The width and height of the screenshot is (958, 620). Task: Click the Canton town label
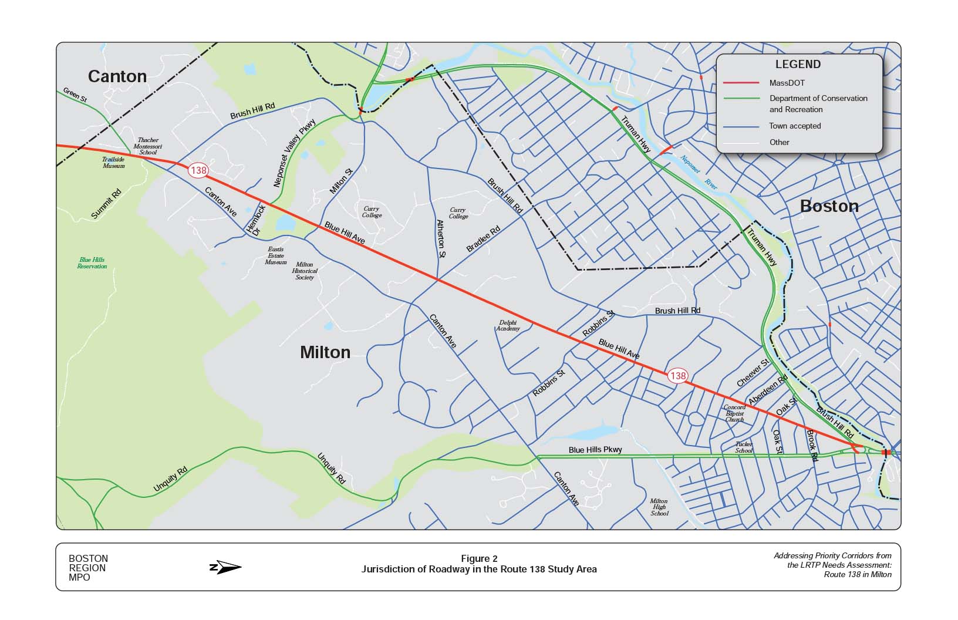tap(117, 76)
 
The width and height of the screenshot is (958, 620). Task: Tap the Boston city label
tap(829, 206)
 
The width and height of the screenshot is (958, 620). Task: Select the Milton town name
tap(325, 352)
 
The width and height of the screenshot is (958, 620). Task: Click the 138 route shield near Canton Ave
tap(198, 171)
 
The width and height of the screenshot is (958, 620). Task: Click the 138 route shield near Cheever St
tap(677, 376)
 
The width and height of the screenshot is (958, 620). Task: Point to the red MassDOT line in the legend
tap(741, 83)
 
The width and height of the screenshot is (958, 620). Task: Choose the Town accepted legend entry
tap(795, 126)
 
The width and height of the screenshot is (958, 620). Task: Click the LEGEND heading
tap(798, 65)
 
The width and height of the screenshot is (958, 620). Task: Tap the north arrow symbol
tap(225, 567)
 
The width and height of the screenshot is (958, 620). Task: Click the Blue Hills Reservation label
tap(92, 263)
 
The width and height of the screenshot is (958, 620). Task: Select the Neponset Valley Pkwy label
tap(295, 153)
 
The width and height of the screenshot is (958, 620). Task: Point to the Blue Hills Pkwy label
tap(595, 450)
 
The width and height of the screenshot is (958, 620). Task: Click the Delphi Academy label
tap(508, 325)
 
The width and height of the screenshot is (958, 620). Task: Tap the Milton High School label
tap(659, 507)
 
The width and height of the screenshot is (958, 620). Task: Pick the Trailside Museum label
tap(114, 163)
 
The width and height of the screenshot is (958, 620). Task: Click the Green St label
tap(75, 95)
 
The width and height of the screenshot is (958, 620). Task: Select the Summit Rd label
tap(106, 204)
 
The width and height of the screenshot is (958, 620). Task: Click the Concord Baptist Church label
tap(734, 413)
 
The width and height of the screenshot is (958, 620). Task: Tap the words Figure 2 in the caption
tap(479, 558)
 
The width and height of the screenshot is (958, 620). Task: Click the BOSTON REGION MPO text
tap(88, 568)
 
